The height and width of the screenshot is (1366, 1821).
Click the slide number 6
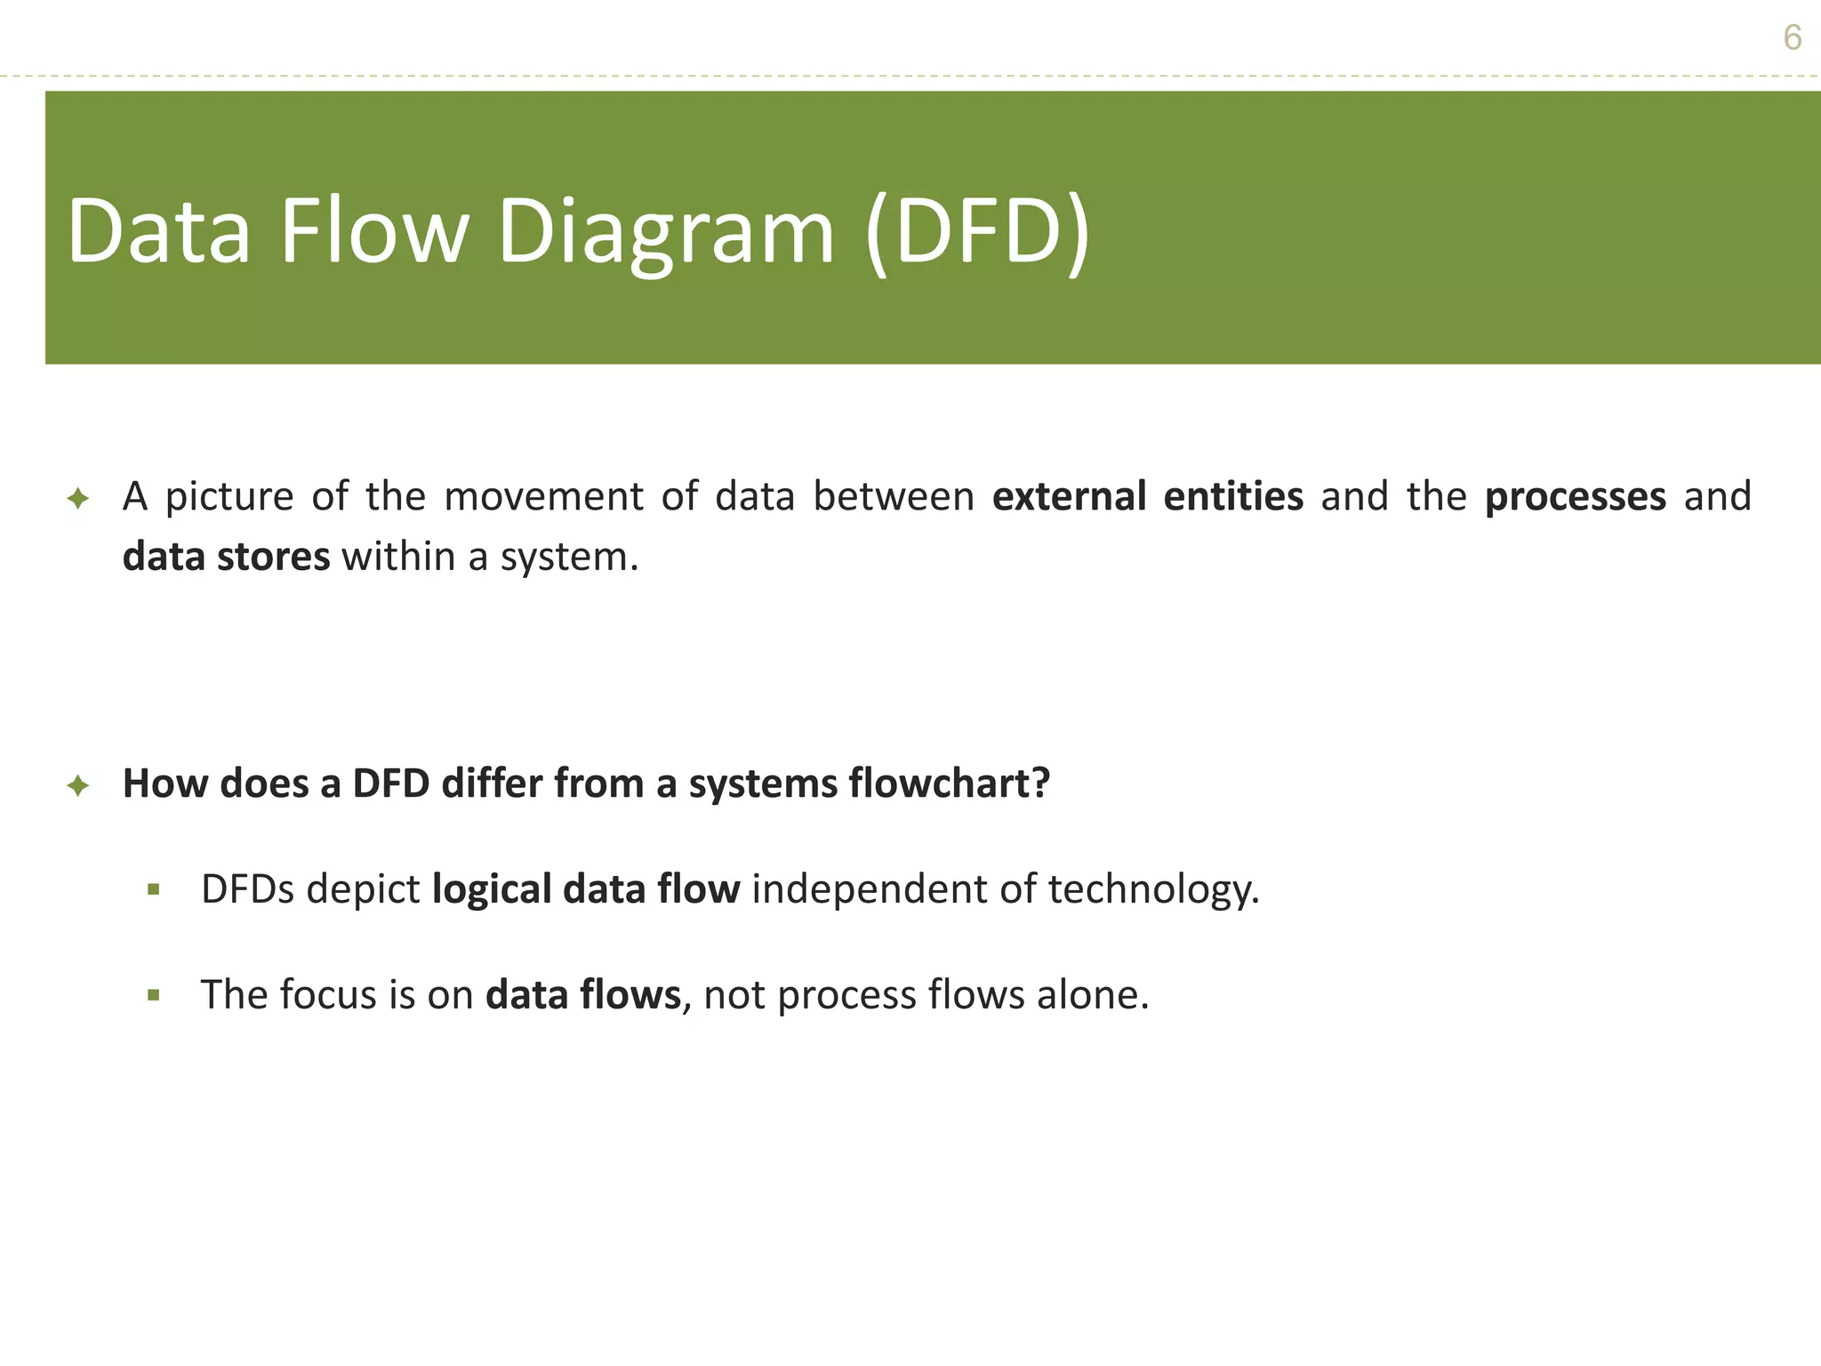[1792, 38]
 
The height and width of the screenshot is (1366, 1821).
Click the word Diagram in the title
[666, 231]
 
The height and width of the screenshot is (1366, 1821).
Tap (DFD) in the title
[977, 231]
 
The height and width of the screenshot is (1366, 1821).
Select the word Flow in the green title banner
[373, 231]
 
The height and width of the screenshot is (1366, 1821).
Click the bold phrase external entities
[1147, 496]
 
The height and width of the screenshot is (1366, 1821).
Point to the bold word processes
[1575, 496]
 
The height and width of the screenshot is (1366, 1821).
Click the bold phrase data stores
[226, 557]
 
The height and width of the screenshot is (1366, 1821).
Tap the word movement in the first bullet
[542, 496]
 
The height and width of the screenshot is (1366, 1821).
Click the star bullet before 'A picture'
[78, 498]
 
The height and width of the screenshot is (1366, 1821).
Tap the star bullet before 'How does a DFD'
[78, 785]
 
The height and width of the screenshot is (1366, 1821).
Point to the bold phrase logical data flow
[585, 889]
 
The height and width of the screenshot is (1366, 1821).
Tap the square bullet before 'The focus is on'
[154, 995]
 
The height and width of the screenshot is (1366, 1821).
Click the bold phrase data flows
[582, 994]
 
